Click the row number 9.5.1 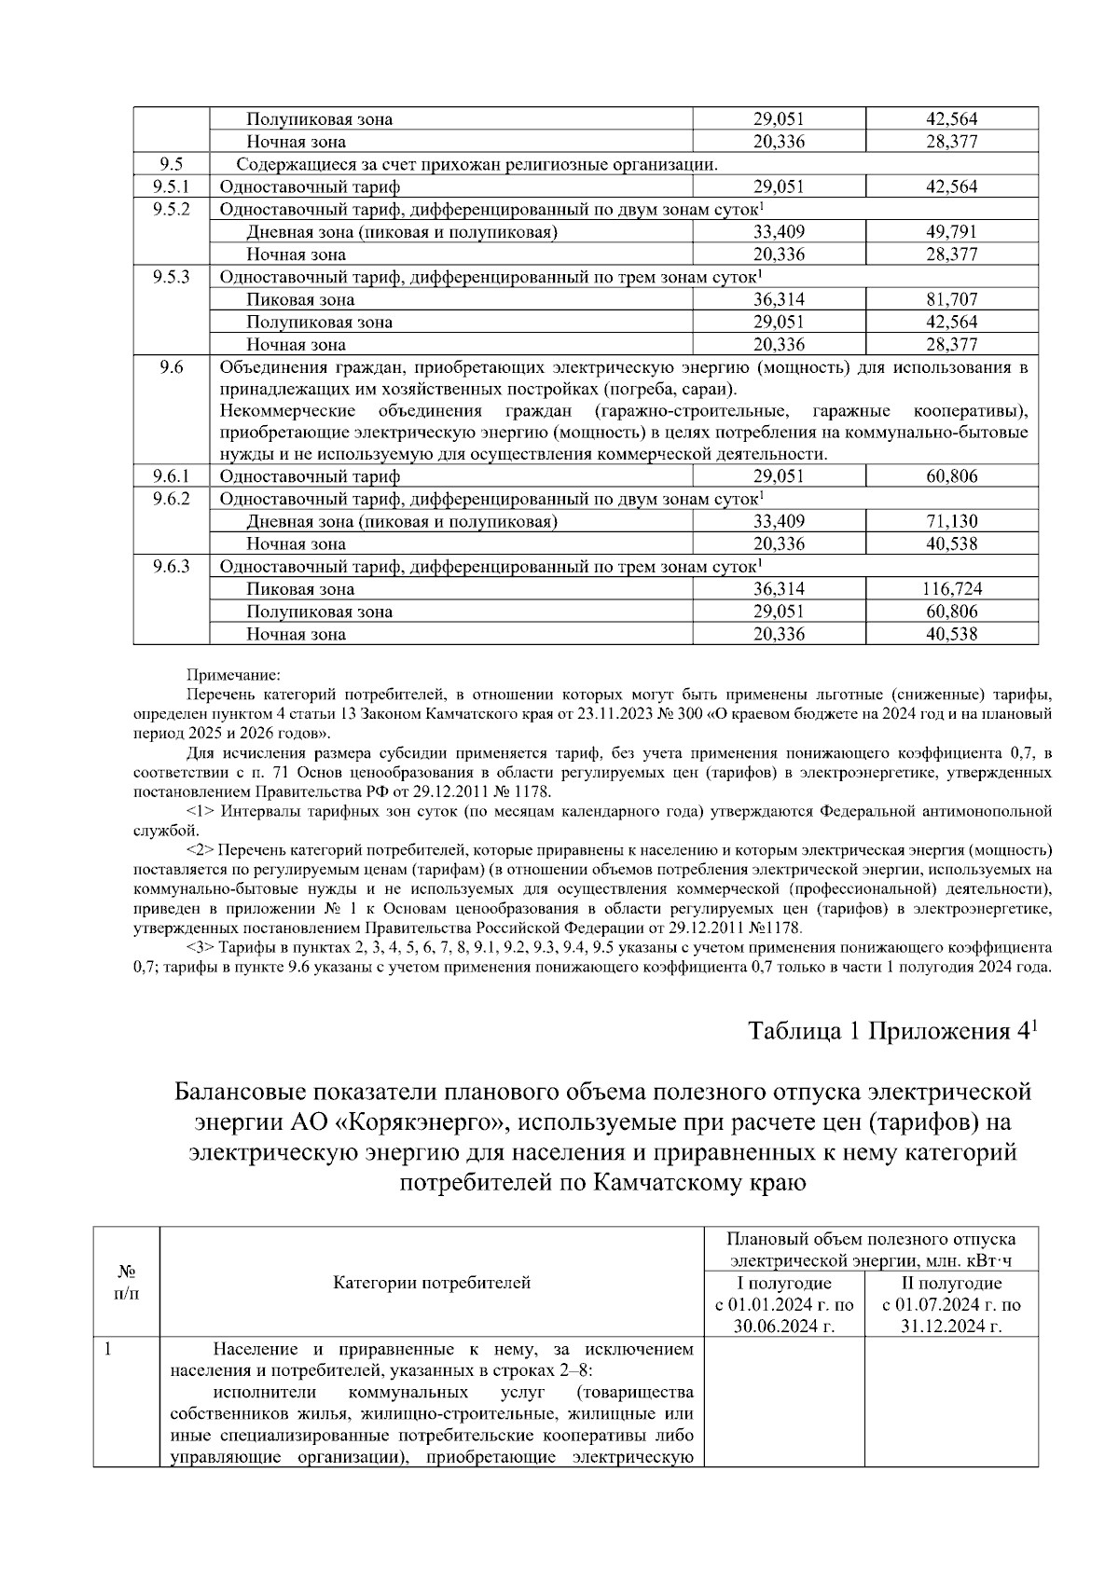[x=171, y=186]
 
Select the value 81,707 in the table [x=951, y=299]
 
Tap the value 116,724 [x=951, y=589]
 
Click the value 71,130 [x=951, y=521]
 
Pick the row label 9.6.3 [x=171, y=567]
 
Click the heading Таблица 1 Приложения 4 [x=892, y=1031]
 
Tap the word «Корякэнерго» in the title [x=423, y=1121]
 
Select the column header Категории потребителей [x=432, y=1283]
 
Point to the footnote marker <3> [x=201, y=947]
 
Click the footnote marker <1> [x=201, y=811]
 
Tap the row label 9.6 [x=171, y=367]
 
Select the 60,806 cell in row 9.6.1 [x=951, y=476]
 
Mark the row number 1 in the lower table [x=108, y=1349]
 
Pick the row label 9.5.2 [x=171, y=209]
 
